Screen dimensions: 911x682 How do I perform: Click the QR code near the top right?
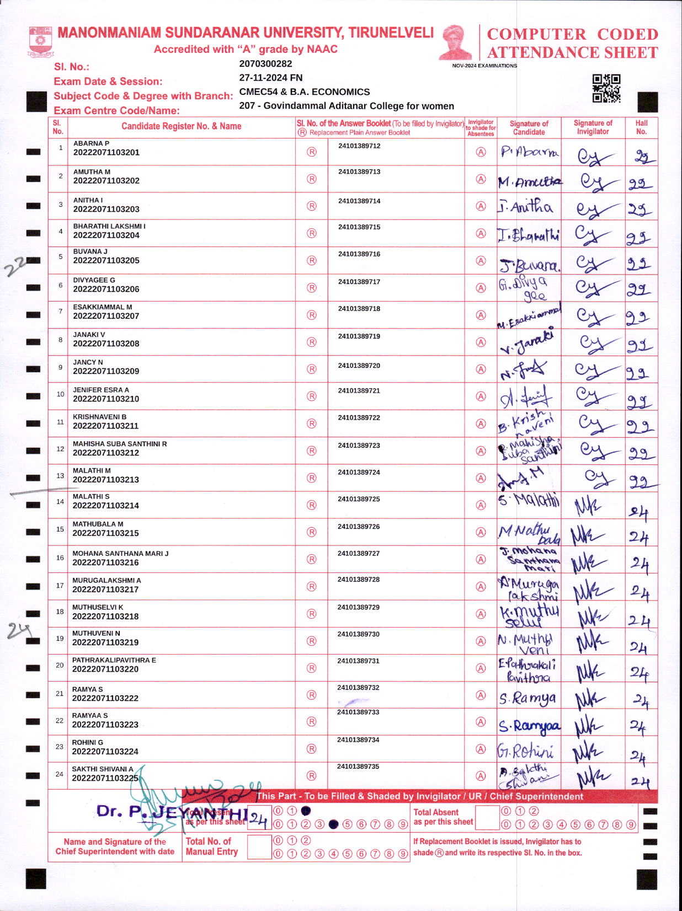coord(606,88)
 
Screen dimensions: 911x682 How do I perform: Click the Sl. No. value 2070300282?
coord(265,64)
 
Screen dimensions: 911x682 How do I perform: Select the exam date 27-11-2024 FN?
coord(271,78)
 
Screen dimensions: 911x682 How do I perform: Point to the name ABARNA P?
coord(91,143)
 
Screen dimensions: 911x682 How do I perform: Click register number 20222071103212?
coord(106,453)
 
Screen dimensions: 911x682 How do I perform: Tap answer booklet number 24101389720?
coord(359,366)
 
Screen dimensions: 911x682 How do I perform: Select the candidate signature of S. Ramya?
coord(528,699)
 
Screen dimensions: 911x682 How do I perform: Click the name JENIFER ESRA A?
coord(101,390)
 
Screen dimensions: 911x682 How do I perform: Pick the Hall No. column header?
coord(641,127)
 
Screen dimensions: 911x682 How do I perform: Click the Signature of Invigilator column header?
coord(593,127)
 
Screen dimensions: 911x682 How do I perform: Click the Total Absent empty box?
coord(487,818)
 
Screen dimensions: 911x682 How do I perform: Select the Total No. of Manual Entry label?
coord(211,846)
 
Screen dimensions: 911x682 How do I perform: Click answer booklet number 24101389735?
coord(358,767)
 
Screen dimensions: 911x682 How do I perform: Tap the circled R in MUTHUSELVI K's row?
coord(312,614)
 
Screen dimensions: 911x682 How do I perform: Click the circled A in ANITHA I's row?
coord(481,206)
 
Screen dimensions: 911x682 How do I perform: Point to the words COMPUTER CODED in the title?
coord(572,34)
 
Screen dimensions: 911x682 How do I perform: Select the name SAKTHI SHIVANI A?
coord(103,769)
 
